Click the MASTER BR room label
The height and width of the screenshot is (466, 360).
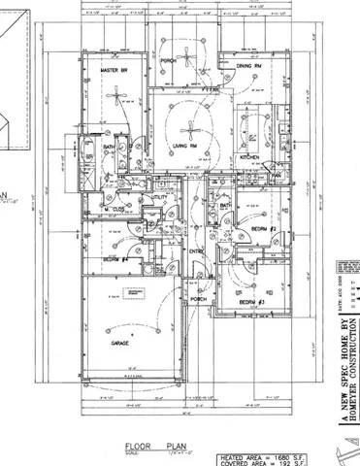pyautogui.click(x=115, y=72)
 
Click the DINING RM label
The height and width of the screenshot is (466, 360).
pyautogui.click(x=249, y=65)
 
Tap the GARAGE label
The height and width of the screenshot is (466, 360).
pyautogui.click(x=119, y=344)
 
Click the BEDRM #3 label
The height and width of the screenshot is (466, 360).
pyautogui.click(x=253, y=303)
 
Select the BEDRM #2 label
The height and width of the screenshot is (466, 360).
pyautogui.click(x=265, y=228)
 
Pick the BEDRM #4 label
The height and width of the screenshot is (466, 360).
pyautogui.click(x=116, y=260)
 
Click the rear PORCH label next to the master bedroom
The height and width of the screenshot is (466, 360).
pyautogui.click(x=169, y=60)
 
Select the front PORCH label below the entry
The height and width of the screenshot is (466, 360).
pyautogui.click(x=199, y=299)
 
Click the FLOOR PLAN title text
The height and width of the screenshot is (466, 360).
pyautogui.click(x=147, y=448)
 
